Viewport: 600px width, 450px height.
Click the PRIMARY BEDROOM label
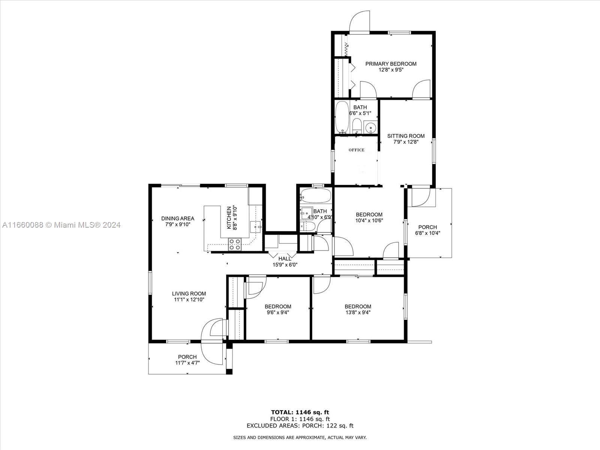pyautogui.click(x=391, y=64)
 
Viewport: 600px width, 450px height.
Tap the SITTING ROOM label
pyautogui.click(x=406, y=136)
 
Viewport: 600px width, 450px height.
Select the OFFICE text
pyautogui.click(x=357, y=150)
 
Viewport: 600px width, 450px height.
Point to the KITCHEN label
pyautogui.click(x=229, y=218)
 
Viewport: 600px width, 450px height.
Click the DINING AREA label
pyautogui.click(x=178, y=219)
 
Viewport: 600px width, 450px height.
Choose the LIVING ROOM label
pyautogui.click(x=189, y=294)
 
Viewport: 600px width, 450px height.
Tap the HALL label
pyautogui.click(x=285, y=259)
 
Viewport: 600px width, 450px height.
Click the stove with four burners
pyautogui.click(x=235, y=244)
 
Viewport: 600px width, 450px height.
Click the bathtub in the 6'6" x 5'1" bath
pyautogui.click(x=342, y=117)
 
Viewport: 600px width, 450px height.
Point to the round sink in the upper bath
pyautogui.click(x=371, y=127)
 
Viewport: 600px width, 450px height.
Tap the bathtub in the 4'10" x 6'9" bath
pyautogui.click(x=316, y=195)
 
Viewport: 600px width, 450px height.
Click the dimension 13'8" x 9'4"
pyautogui.click(x=358, y=313)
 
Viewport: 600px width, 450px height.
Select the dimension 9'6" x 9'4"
pyautogui.click(x=278, y=313)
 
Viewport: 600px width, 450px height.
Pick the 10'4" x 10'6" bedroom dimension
pyautogui.click(x=369, y=220)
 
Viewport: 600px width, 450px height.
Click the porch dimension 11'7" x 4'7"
pyautogui.click(x=187, y=363)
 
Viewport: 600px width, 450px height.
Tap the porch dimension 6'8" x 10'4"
pyautogui.click(x=428, y=233)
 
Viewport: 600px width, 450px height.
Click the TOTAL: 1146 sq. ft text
pyautogui.click(x=300, y=412)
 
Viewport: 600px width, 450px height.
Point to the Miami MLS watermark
pyautogui.click(x=61, y=225)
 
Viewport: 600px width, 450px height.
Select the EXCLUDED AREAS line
pyautogui.click(x=300, y=426)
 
